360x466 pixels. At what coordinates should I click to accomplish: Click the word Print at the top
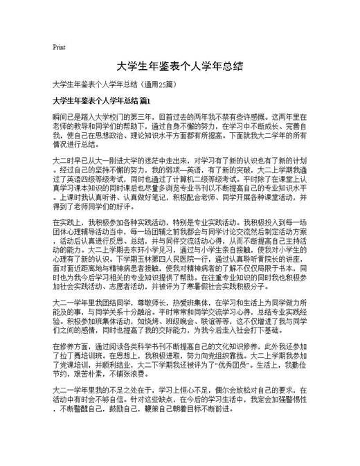(59, 48)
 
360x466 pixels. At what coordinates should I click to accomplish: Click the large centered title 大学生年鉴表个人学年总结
(179, 66)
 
